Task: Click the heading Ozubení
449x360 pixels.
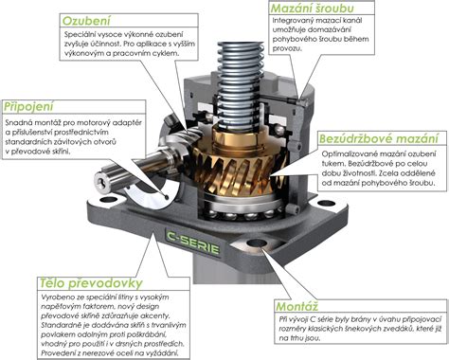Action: [86, 21]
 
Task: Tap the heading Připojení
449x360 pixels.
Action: [28, 107]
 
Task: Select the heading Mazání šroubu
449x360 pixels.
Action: [312, 9]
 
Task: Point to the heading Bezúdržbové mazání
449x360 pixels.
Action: [379, 138]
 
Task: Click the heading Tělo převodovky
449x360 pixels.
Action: [91, 283]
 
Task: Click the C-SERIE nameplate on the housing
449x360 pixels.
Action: [193, 243]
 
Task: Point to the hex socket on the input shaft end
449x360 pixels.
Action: [101, 183]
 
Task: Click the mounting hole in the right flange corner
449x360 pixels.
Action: [325, 203]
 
